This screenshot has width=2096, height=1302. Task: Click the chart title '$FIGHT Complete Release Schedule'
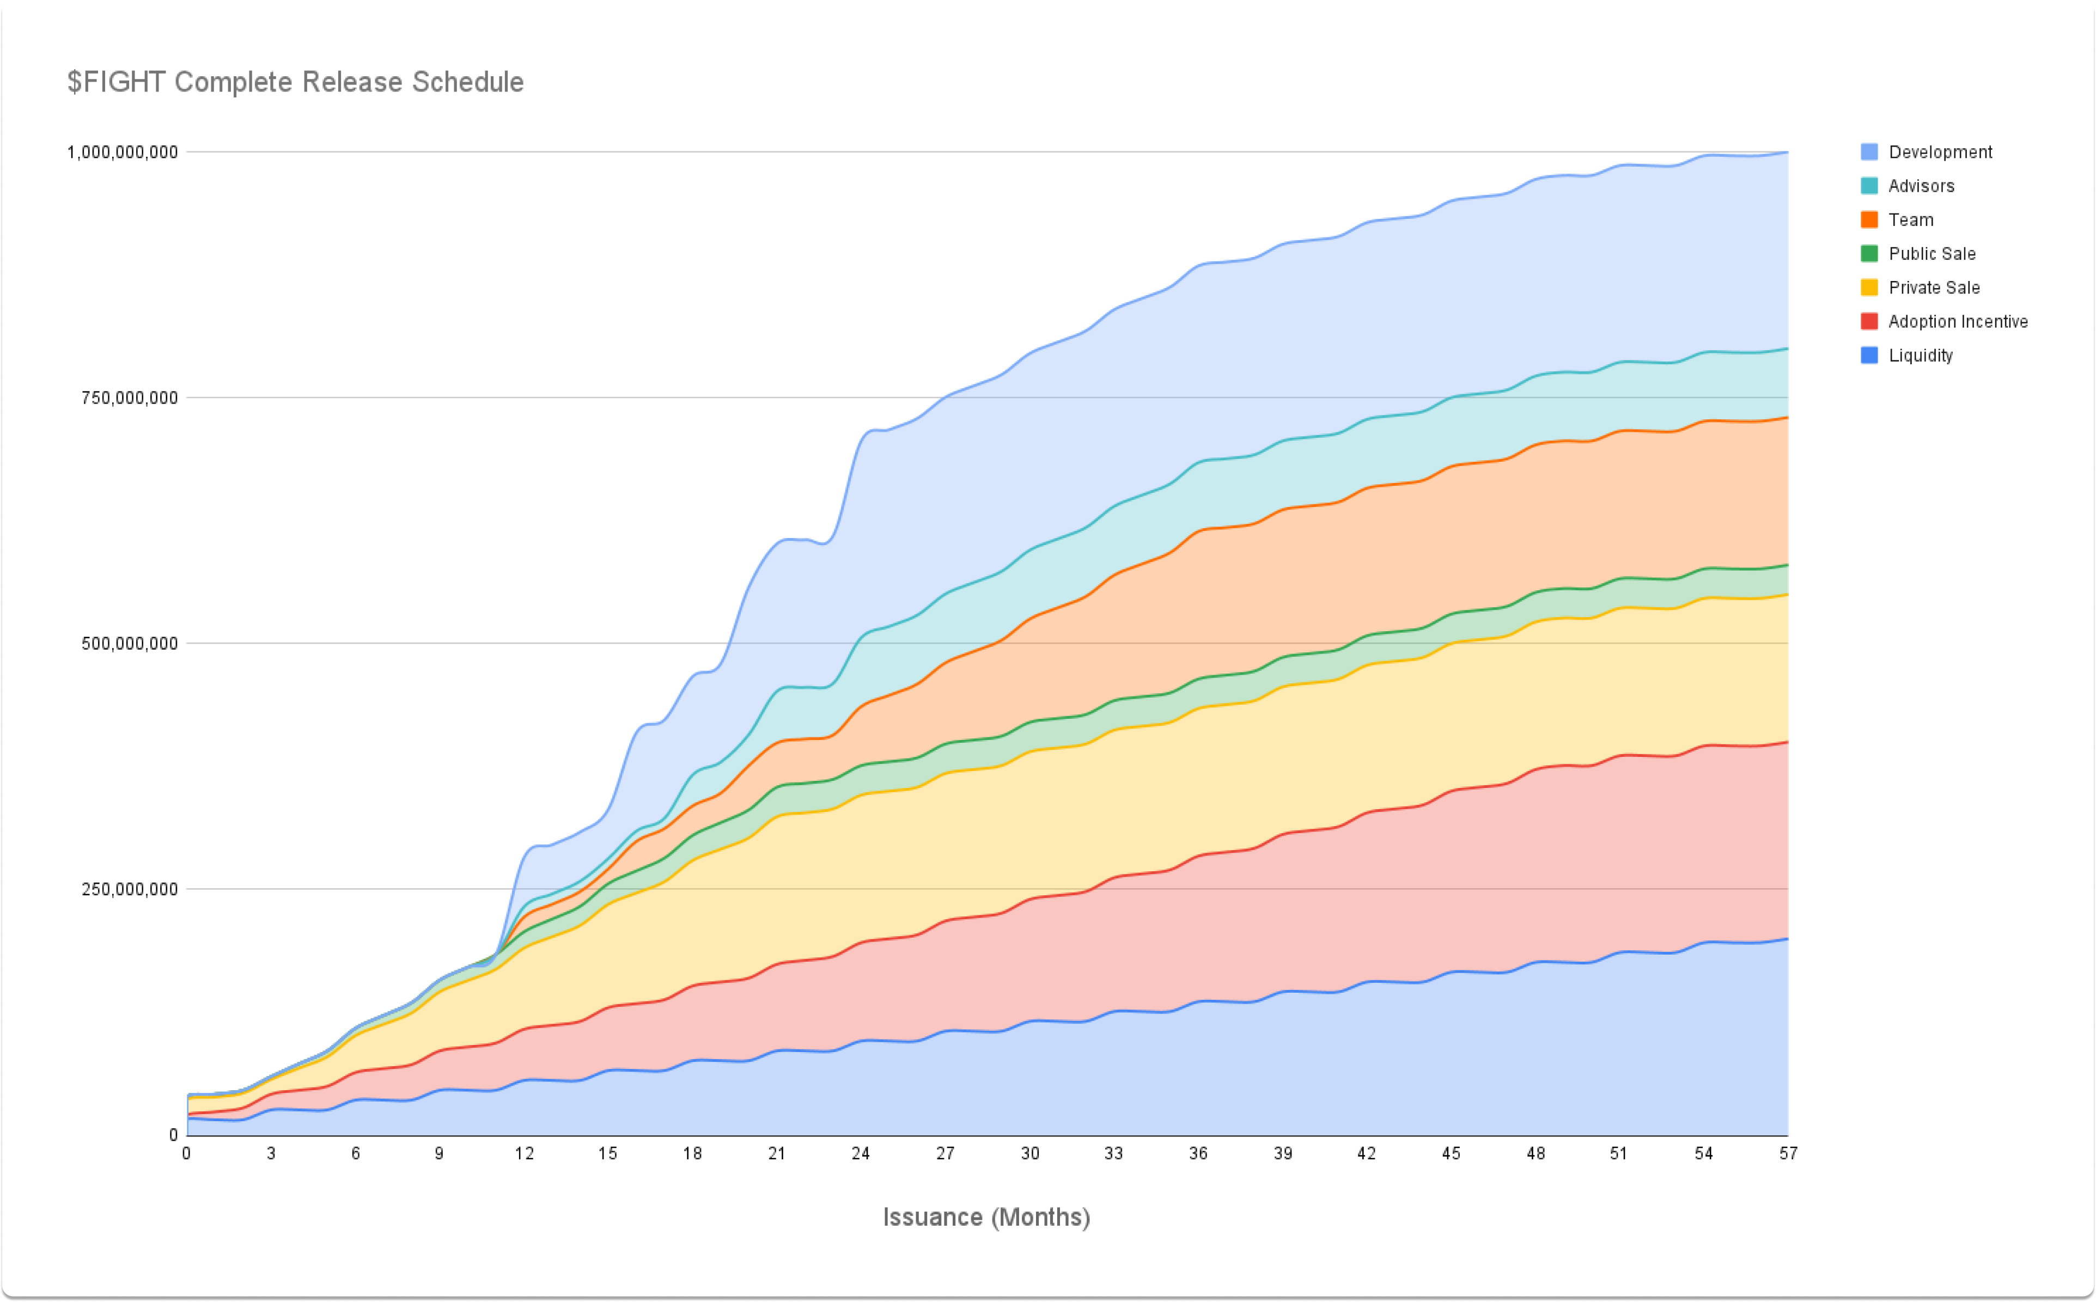295,82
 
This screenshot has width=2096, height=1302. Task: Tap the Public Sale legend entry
1932,254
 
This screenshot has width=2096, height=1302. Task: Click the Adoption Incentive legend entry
1957,321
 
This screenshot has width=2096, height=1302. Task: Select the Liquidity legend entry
1920,356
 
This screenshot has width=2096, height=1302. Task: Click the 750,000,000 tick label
129,398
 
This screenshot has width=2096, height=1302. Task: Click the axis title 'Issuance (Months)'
986,1217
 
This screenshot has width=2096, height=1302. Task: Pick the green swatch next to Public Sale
1869,254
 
